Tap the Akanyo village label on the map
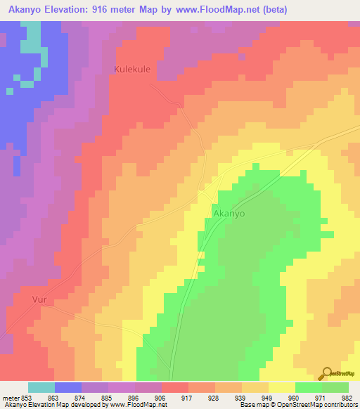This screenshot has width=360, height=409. [229, 214]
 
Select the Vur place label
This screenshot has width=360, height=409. [39, 299]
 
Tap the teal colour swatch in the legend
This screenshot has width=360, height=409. [41, 387]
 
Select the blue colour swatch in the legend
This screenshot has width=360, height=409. [68, 387]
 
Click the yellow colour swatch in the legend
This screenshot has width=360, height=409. [282, 387]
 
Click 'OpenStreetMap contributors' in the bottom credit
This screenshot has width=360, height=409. [321, 405]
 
